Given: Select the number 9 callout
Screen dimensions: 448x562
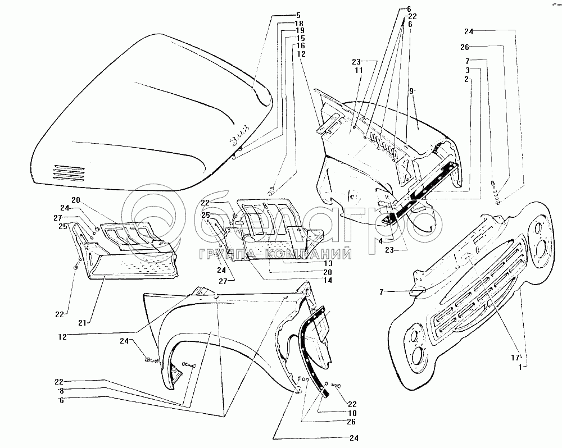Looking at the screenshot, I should [x=411, y=90].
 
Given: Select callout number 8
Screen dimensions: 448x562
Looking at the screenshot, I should [x=61, y=391].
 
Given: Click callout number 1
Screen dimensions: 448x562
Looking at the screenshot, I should [x=521, y=367].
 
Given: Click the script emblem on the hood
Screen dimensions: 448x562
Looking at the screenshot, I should [x=238, y=140].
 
